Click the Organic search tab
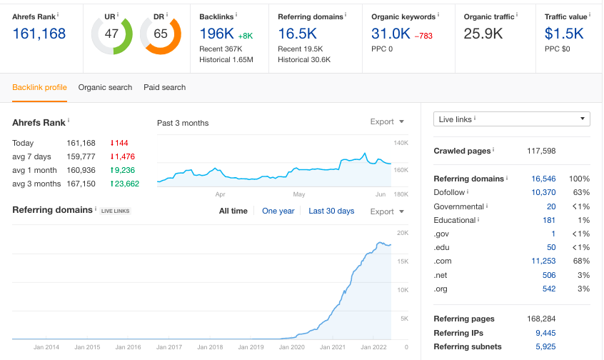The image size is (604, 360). (105, 87)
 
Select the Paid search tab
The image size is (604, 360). (164, 87)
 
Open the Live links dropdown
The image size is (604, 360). (512, 119)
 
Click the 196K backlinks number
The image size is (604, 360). (217, 34)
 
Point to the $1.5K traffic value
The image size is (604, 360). (564, 34)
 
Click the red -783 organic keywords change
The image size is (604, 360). (423, 36)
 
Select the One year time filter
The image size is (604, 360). (278, 211)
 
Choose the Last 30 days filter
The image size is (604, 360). (331, 211)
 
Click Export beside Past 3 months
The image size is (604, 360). (387, 122)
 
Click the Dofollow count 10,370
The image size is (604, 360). (543, 192)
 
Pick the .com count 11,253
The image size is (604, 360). (543, 261)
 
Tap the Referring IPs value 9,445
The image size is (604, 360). (545, 333)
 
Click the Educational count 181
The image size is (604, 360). (549, 220)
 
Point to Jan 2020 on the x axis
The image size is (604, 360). (291, 347)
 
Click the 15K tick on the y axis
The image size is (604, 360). (403, 261)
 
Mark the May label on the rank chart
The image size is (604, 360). (299, 194)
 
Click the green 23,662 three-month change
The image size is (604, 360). (125, 184)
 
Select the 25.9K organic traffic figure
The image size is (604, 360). (483, 34)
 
